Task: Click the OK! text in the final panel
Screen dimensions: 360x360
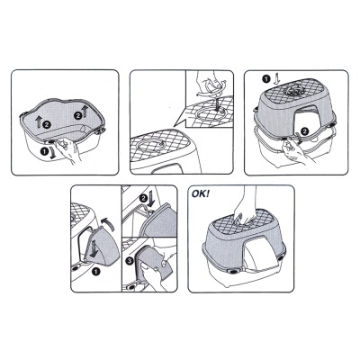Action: pyautogui.click(x=201, y=193)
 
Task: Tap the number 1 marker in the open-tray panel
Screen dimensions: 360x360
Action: pyautogui.click(x=44, y=151)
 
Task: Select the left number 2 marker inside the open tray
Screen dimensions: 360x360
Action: pyautogui.click(x=47, y=123)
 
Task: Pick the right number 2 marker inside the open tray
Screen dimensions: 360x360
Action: pyautogui.click(x=78, y=115)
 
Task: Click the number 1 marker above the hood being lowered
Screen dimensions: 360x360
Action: pyautogui.click(x=265, y=79)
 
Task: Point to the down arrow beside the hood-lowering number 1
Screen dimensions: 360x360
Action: pyautogui.click(x=276, y=79)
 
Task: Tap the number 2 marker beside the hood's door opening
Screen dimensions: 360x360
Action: pyautogui.click(x=305, y=130)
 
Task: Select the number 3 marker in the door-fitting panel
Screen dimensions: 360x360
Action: pyautogui.click(x=130, y=261)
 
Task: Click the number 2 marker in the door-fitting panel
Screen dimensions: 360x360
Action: pyautogui.click(x=143, y=198)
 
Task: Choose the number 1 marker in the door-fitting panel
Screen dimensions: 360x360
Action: pyautogui.click(x=95, y=272)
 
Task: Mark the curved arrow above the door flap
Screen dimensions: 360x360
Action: pyautogui.click(x=106, y=223)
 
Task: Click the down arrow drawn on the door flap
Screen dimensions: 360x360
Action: pyautogui.click(x=94, y=249)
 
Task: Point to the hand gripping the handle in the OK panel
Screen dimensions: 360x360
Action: pyautogui.click(x=244, y=207)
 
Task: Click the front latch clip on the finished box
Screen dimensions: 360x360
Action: pyautogui.click(x=232, y=271)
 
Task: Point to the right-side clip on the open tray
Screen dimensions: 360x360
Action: pyautogui.click(x=101, y=130)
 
